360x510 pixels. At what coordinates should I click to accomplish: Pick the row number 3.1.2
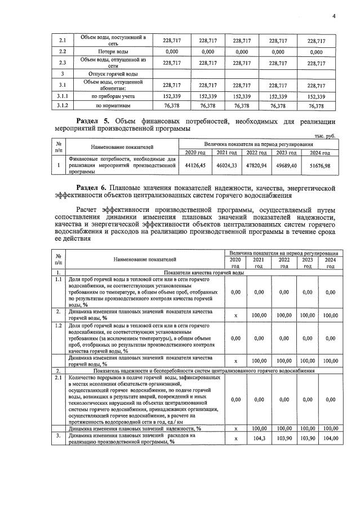(63, 105)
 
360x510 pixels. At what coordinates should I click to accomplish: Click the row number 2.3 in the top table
(63, 63)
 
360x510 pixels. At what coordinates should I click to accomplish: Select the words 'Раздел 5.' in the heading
(94, 121)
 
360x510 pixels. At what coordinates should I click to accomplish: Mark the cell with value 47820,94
(261, 166)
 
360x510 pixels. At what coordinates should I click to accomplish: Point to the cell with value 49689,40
(292, 166)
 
